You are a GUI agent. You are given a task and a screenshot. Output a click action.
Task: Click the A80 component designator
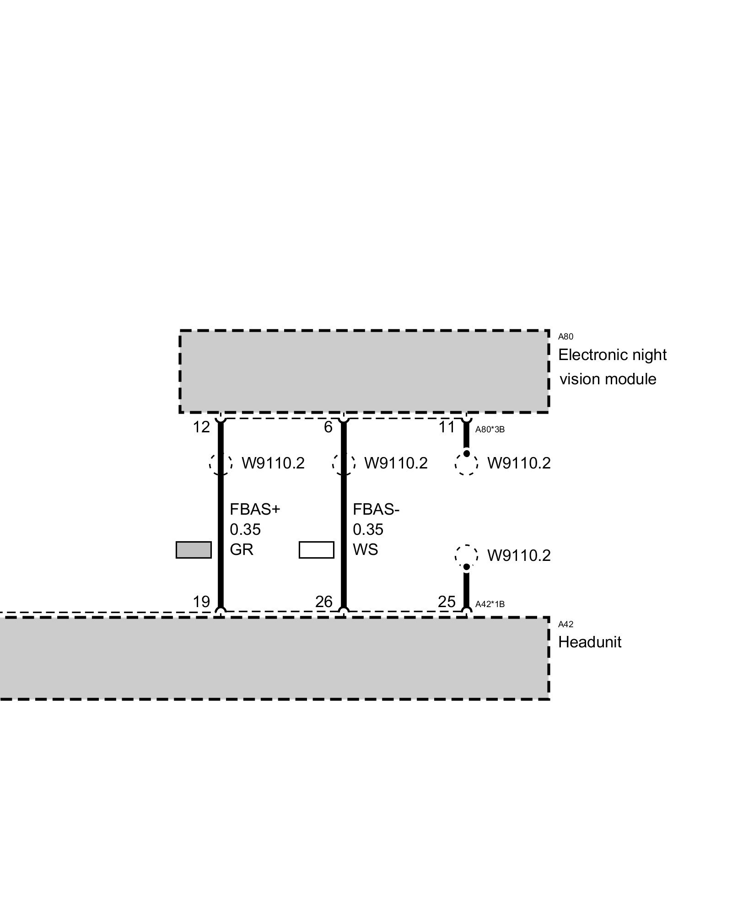pos(565,337)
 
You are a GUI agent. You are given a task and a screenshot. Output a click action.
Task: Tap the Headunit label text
pos(589,642)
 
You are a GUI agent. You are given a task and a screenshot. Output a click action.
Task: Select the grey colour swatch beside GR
pos(194,549)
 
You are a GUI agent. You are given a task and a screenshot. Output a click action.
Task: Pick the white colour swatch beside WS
pos(316,549)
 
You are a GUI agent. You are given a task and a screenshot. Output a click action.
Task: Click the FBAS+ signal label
pos(254,509)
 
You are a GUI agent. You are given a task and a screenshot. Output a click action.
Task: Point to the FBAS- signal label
pos(376,509)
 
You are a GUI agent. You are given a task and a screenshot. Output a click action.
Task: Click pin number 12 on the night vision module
pos(201,427)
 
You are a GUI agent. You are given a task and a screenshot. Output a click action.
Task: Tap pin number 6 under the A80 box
pos(328,427)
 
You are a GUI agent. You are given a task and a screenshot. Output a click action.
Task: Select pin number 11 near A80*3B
pos(447,427)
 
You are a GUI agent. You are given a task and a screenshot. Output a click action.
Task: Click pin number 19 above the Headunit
pos(201,602)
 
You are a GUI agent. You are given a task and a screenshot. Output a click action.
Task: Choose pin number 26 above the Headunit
pos(324,602)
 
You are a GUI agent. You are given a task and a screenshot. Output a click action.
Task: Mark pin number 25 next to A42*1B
pos(447,602)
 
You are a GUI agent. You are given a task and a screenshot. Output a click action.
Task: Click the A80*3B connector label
pos(490,430)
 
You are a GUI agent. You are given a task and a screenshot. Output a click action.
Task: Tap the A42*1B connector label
pos(490,604)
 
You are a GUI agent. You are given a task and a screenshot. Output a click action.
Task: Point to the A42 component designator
pos(565,624)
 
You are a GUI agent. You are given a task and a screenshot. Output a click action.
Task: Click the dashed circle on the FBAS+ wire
pos(221,463)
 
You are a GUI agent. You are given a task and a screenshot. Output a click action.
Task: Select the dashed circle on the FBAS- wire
pos(344,463)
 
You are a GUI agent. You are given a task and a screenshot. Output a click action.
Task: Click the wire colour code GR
pos(242,549)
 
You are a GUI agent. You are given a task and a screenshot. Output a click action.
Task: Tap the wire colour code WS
pos(365,549)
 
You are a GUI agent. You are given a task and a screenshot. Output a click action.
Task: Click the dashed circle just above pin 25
pos(466,555)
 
